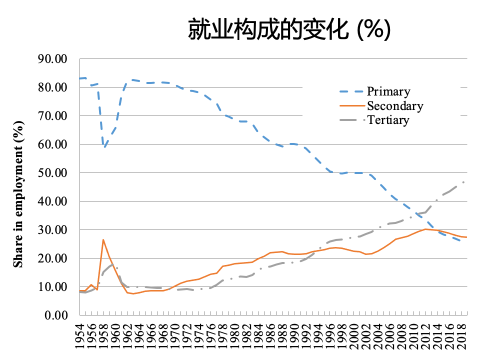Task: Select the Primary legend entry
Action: coord(388,91)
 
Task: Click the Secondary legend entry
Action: coord(394,106)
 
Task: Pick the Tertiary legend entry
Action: coord(388,120)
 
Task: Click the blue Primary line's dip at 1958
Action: coord(104,147)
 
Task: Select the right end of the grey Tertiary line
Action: coord(466,181)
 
